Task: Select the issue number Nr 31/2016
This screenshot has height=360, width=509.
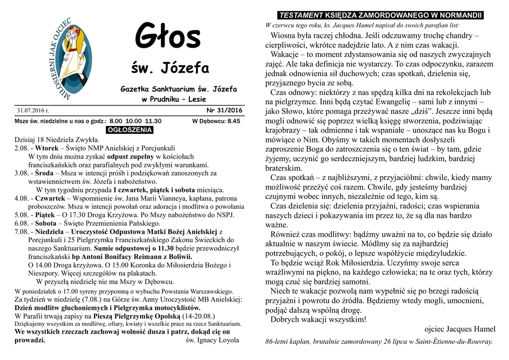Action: tap(224, 110)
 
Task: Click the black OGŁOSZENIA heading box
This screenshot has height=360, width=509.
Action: tap(130, 130)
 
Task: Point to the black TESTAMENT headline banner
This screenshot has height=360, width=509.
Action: tap(380, 15)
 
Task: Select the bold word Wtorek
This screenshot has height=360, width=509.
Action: tap(47, 148)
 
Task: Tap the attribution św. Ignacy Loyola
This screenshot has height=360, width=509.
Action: tap(212, 340)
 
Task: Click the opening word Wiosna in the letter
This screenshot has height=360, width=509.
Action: tap(283, 36)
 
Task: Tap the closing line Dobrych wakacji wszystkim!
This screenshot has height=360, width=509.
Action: tap(318, 320)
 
